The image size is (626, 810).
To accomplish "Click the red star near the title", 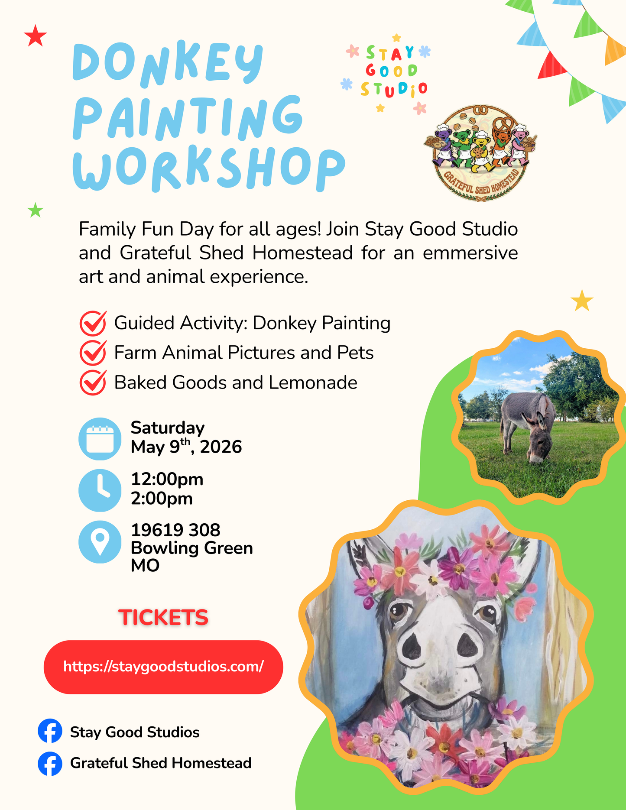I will coord(36,36).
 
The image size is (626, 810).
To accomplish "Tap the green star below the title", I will coord(35,211).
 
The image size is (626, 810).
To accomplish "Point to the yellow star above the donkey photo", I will coord(581,301).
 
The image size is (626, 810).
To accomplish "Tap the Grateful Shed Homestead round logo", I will coord(480,153).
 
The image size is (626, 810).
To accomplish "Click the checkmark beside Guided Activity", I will coord(93,323).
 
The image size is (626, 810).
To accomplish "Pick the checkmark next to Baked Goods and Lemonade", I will coord(93,382).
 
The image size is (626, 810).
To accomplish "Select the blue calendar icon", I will coord(100,439).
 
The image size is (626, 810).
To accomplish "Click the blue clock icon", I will coord(100,490).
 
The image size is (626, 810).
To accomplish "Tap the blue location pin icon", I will coord(100,541).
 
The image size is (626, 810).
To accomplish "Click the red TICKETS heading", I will coord(163,617).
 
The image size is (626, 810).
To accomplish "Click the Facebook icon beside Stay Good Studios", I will coord(50,731).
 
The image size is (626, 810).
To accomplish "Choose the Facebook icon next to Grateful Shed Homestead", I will coord(50,763).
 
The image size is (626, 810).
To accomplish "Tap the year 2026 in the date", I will coord(221,447).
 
